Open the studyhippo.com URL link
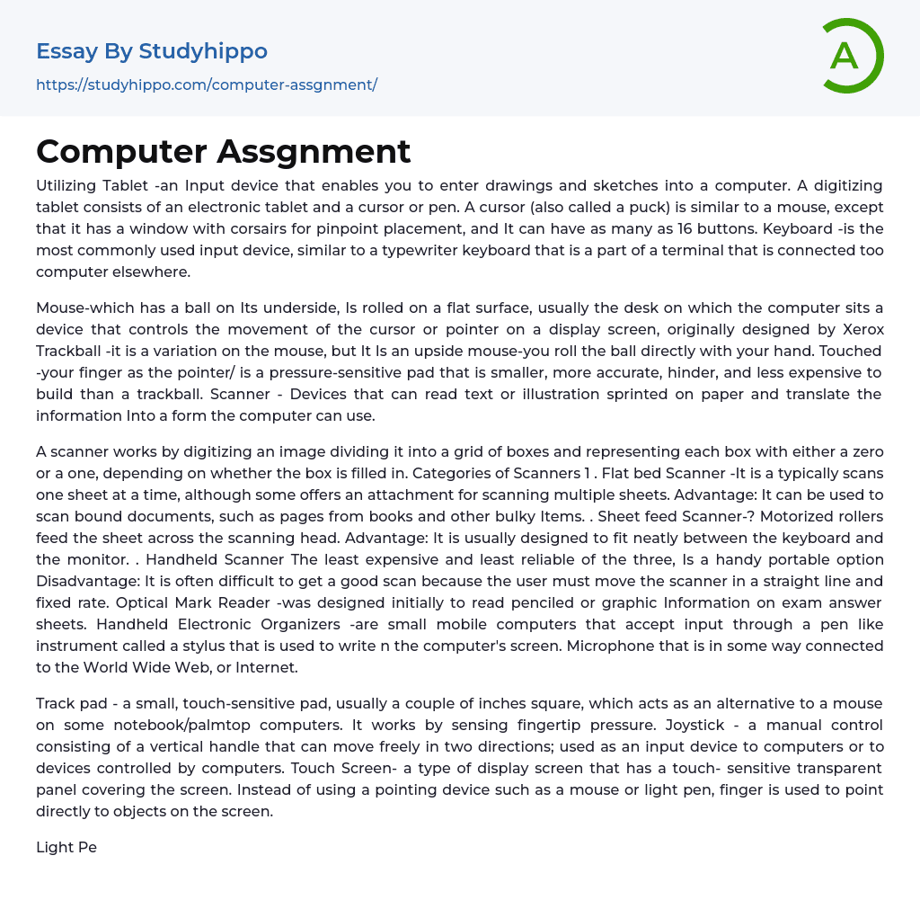tap(207, 85)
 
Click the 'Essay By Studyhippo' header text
tap(152, 51)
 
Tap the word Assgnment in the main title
tap(314, 151)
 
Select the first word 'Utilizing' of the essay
tap(67, 185)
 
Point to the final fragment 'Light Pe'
tap(66, 847)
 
